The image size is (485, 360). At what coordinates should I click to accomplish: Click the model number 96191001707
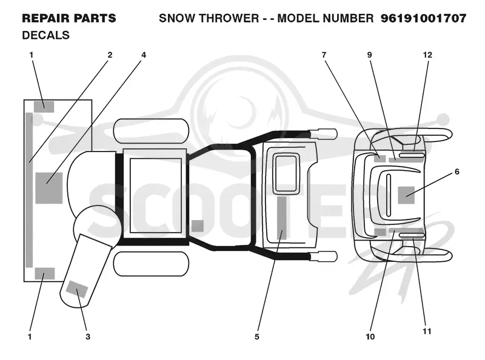coord(423,18)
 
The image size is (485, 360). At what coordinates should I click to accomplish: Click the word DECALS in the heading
coord(46,35)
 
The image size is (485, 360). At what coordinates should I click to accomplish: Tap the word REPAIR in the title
coord(45,18)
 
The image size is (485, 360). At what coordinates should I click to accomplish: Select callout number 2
coord(110,55)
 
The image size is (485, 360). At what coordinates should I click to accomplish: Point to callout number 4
coord(144,55)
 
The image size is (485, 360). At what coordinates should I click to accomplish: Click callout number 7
coord(324,55)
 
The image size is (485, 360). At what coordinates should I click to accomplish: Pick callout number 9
coord(369,55)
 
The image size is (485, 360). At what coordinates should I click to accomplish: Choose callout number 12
coord(427,55)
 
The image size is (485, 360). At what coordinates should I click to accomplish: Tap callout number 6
coord(457,172)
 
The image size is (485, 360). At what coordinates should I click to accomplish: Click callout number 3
coord(88,336)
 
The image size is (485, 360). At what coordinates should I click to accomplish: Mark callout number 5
coord(256,336)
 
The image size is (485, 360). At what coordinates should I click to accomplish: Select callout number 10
coord(370,336)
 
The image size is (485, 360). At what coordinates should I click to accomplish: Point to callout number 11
coord(427,332)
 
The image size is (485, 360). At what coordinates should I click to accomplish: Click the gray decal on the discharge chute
coord(78,289)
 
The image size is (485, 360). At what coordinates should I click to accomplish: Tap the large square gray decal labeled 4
coord(49,188)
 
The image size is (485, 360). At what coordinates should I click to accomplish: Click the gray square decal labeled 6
coord(406,195)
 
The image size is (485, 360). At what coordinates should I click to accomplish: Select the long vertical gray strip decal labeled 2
coord(28,190)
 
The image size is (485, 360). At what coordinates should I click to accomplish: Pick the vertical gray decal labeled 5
coord(281,218)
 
